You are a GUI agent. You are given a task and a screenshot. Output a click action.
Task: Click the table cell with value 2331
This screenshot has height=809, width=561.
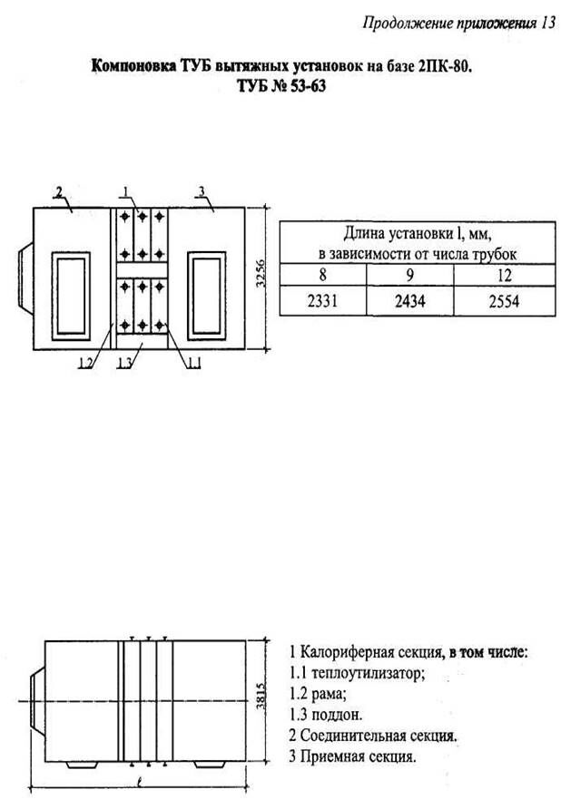(x=322, y=302)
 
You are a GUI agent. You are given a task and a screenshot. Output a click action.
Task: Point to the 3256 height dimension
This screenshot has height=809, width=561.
(x=261, y=273)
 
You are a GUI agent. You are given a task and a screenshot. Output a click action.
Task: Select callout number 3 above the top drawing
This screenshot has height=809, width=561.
(x=201, y=191)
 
